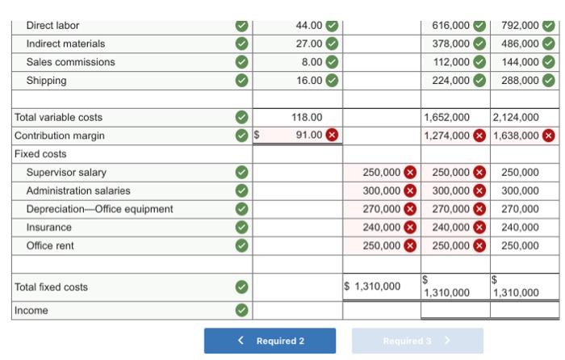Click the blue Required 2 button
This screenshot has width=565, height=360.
pyautogui.click(x=270, y=341)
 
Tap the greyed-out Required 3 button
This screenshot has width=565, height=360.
pyautogui.click(x=417, y=341)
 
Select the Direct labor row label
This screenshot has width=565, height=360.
pyautogui.click(x=53, y=26)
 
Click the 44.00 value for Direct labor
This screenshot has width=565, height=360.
pyautogui.click(x=309, y=26)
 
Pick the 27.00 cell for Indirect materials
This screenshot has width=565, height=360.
pyautogui.click(x=309, y=44)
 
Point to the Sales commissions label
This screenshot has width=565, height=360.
pyautogui.click(x=71, y=62)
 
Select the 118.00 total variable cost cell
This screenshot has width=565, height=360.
pyautogui.click(x=307, y=117)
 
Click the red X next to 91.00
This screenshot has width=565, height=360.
pyautogui.click(x=332, y=135)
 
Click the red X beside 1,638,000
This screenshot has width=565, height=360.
pyautogui.click(x=550, y=136)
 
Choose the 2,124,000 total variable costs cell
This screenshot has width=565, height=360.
pyautogui.click(x=516, y=117)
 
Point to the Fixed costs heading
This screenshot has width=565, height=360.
pyautogui.click(x=40, y=153)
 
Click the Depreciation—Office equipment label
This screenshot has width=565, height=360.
pyautogui.click(x=99, y=209)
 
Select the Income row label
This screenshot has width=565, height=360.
pyautogui.click(x=31, y=311)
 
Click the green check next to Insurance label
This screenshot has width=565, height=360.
pyautogui.click(x=241, y=228)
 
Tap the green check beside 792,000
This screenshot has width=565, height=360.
pyautogui.click(x=550, y=26)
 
